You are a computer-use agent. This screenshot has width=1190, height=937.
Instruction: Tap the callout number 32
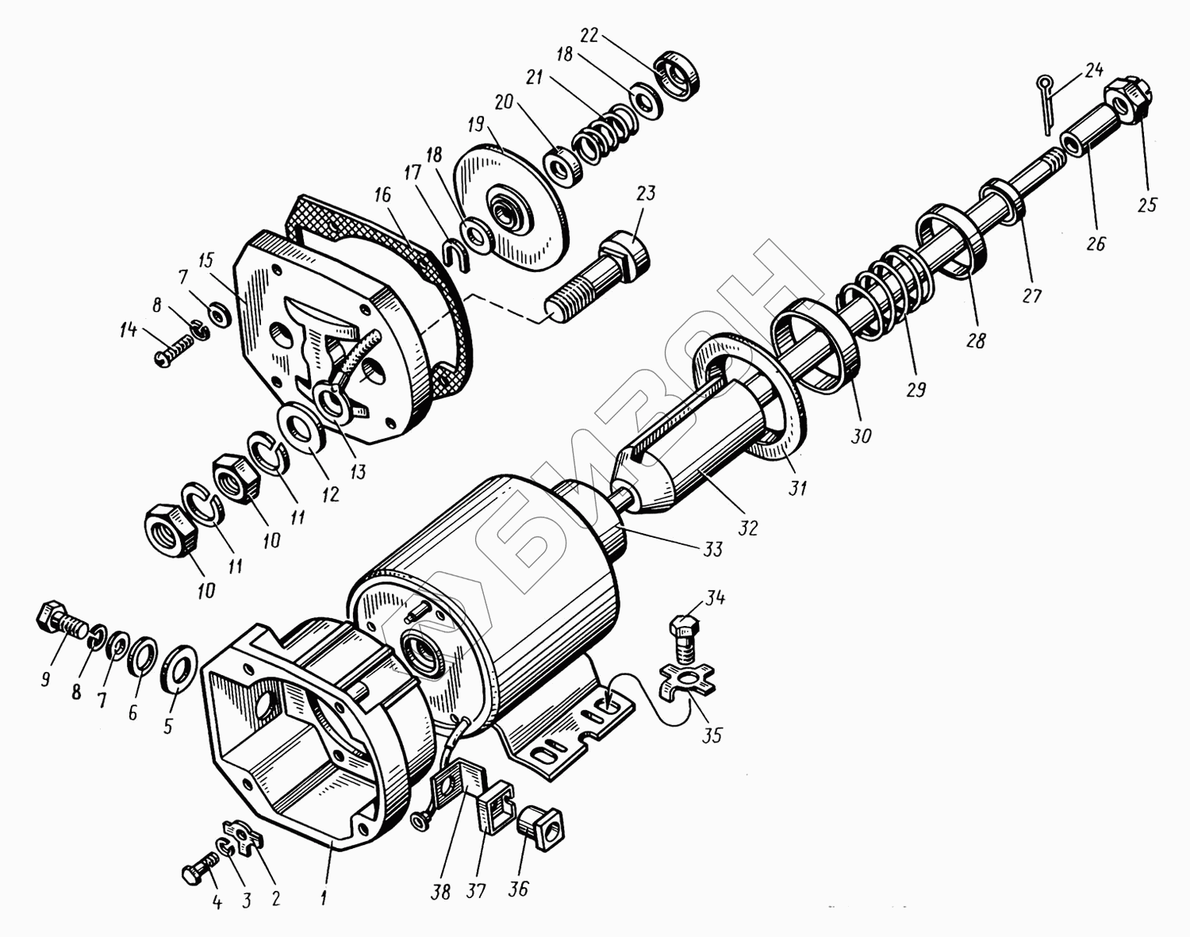coord(748,528)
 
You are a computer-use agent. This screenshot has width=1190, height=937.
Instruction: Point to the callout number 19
coord(475,125)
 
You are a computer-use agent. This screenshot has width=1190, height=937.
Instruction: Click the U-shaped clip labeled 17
coord(457,255)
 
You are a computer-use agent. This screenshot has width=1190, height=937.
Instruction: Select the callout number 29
coord(916,390)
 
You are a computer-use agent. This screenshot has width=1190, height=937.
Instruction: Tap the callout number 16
coord(382,194)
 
